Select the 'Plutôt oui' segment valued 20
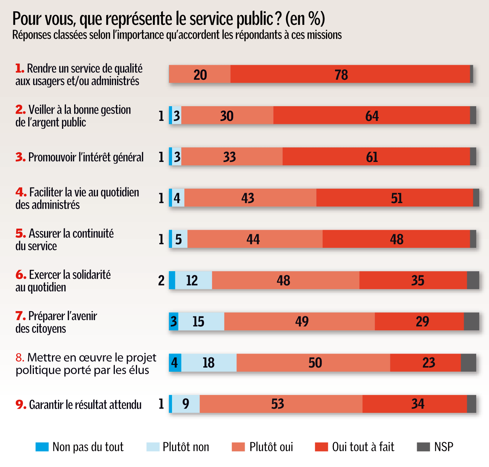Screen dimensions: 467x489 coord(200,74)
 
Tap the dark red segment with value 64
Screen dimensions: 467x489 coord(372,115)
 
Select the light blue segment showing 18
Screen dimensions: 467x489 coord(209,363)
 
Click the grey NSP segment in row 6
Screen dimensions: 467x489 coord(473,280)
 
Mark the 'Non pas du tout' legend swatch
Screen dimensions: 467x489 coord(42,447)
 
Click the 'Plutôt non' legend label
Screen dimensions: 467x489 coord(186,447)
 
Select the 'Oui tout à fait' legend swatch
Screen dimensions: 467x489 coord(321,447)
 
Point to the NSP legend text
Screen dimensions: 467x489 coord(443,447)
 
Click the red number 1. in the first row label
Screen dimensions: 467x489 coord(20,69)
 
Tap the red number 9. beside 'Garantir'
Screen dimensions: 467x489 coord(21,404)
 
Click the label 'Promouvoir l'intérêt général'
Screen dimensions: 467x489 coord(86,157)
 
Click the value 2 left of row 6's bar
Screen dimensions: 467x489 coord(161,281)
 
